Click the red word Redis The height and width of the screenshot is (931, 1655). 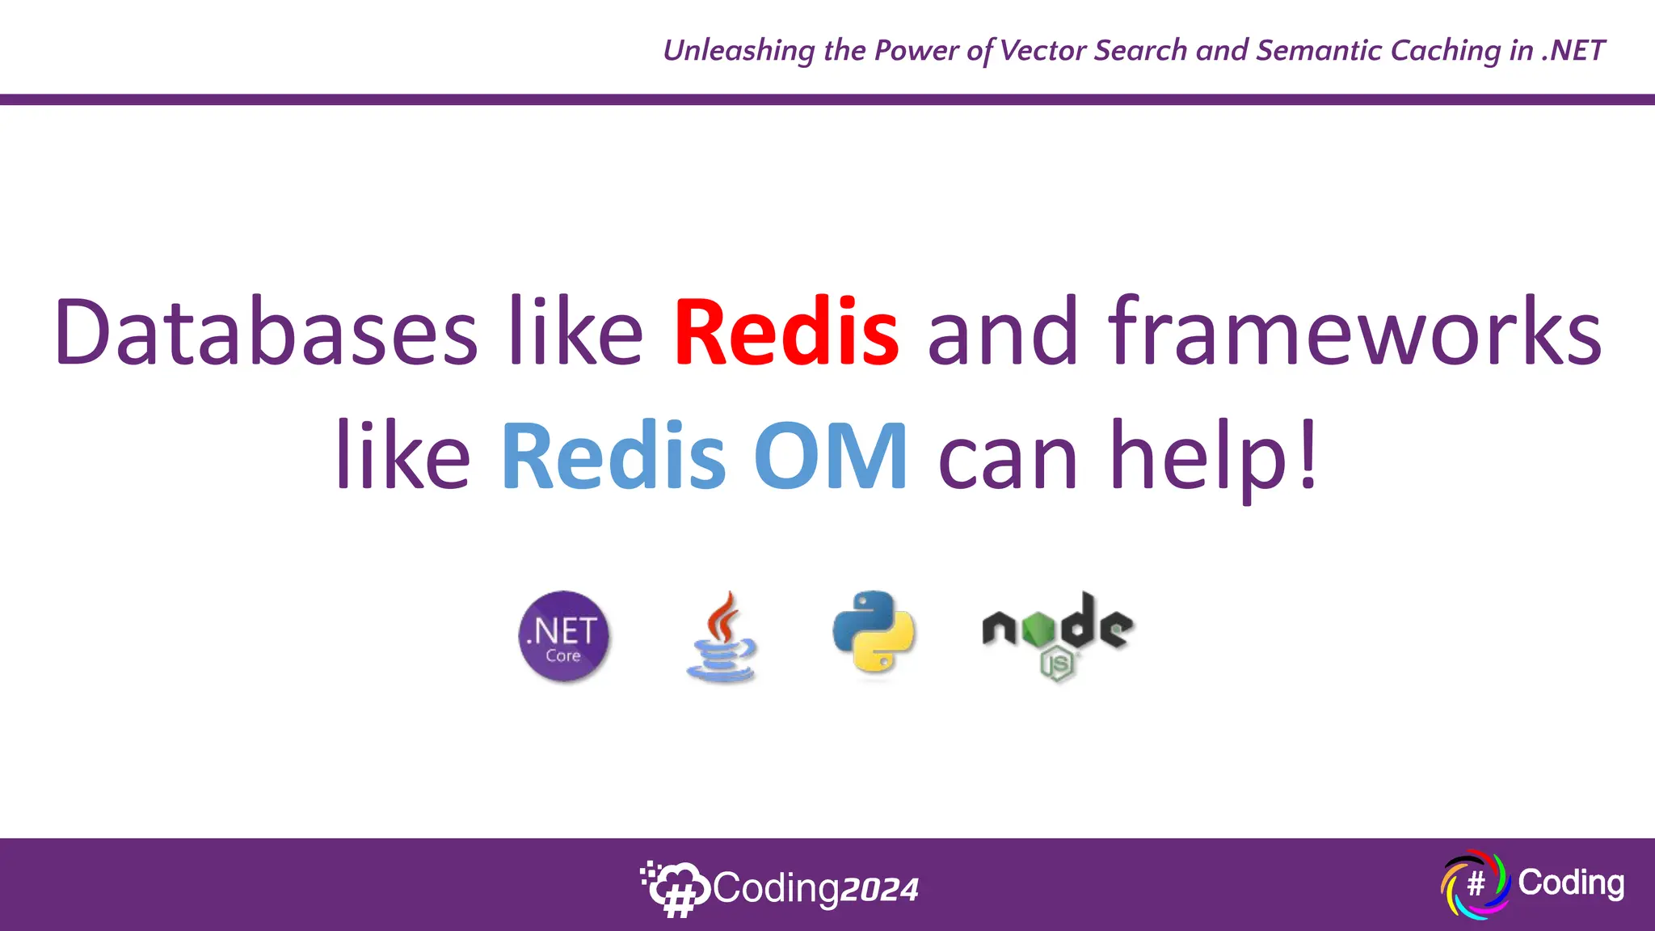(786, 333)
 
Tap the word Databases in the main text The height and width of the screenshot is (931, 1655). (266, 333)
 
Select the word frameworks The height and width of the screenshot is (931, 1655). (1355, 333)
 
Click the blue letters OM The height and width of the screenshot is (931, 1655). (831, 456)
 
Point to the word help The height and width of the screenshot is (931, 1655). (1198, 456)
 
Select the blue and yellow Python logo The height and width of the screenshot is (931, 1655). (874, 632)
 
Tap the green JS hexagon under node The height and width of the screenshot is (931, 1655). (1057, 664)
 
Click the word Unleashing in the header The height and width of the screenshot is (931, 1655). (739, 51)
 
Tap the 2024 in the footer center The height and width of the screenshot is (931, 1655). (879, 890)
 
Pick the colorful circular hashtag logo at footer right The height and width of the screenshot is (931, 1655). (1475, 884)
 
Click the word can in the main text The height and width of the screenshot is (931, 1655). (1007, 456)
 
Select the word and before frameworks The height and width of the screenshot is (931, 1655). (1002, 333)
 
